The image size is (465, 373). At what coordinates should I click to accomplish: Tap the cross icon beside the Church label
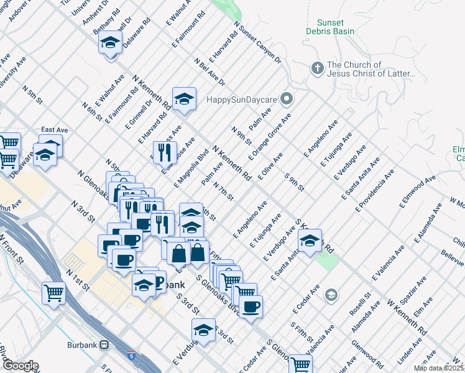(317, 68)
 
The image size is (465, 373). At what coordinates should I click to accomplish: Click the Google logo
(20, 366)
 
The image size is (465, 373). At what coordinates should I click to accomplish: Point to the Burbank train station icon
(104, 344)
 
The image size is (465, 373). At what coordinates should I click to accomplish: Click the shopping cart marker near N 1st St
(54, 292)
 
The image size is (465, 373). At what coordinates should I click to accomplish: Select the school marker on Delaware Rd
(110, 43)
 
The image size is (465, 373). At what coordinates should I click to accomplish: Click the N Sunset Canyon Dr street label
(257, 43)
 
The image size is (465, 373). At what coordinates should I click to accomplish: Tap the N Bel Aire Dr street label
(209, 72)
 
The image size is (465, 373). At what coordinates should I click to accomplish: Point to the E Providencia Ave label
(375, 189)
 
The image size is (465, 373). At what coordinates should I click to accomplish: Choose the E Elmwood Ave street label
(421, 191)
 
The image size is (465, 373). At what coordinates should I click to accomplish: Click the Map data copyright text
(439, 368)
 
